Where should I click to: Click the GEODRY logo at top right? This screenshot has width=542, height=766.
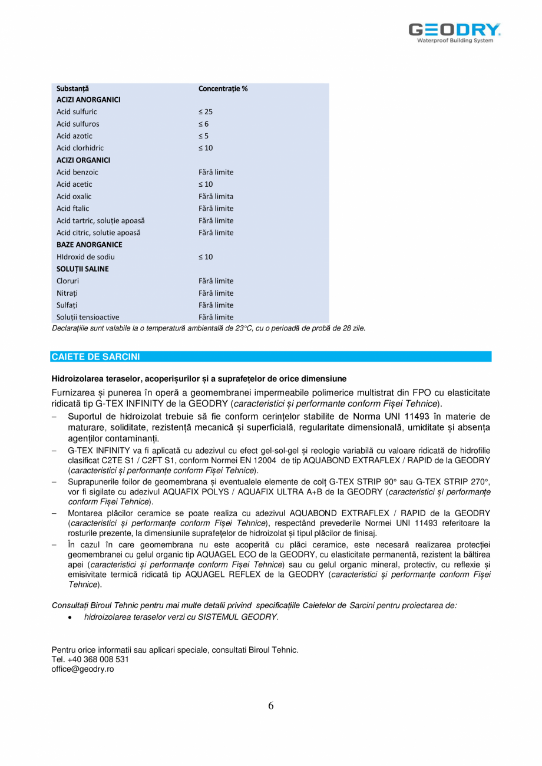pos(455,32)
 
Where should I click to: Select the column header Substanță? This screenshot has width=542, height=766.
pos(72,88)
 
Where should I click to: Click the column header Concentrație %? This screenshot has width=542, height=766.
pos(223,88)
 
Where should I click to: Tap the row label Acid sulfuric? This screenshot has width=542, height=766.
pos(77,111)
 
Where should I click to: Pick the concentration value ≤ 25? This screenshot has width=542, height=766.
pos(206,111)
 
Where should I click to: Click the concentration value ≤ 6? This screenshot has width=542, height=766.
pos(203,124)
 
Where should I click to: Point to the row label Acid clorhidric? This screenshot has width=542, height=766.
pos(80,148)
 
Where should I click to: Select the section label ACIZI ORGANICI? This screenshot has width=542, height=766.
pos(83,160)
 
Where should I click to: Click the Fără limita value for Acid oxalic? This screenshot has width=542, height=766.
pos(216,196)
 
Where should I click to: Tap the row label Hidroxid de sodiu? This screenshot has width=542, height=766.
pos(85,257)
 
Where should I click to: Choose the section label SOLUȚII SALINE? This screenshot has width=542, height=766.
pos(82,269)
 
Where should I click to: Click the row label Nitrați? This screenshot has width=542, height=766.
pos(67,293)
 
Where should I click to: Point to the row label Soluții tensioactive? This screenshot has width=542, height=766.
pos(88,317)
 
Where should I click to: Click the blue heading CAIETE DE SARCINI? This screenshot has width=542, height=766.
pos(95,356)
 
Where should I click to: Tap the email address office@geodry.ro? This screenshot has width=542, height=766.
pos(82,669)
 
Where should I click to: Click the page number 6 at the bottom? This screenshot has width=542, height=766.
pos(271,706)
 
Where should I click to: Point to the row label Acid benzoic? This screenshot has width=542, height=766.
pos(77,172)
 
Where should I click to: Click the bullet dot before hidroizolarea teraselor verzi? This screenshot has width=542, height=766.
pos(71,618)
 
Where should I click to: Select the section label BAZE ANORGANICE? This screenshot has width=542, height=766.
pos(90,245)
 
